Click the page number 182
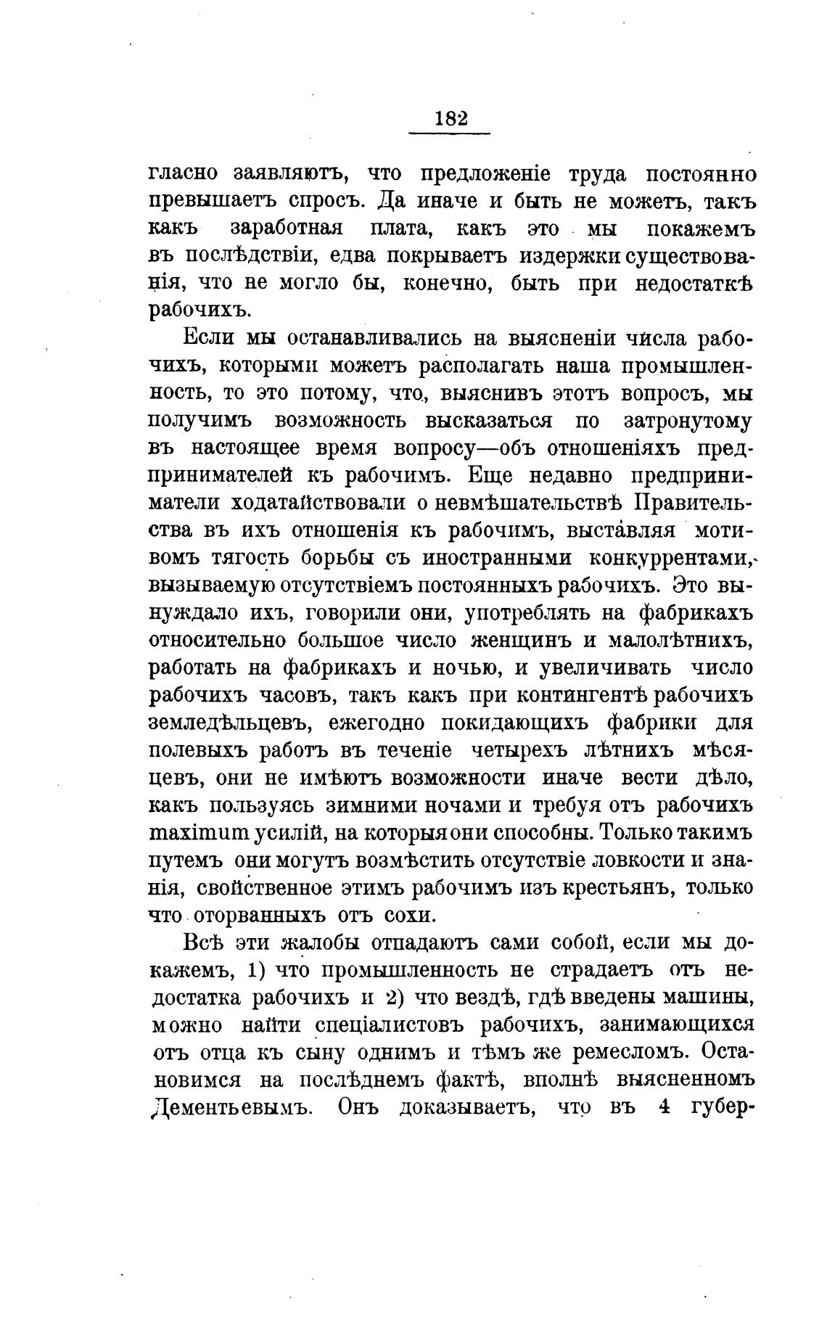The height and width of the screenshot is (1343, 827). tap(450, 118)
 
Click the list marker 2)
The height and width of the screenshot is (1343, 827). tap(391, 998)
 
